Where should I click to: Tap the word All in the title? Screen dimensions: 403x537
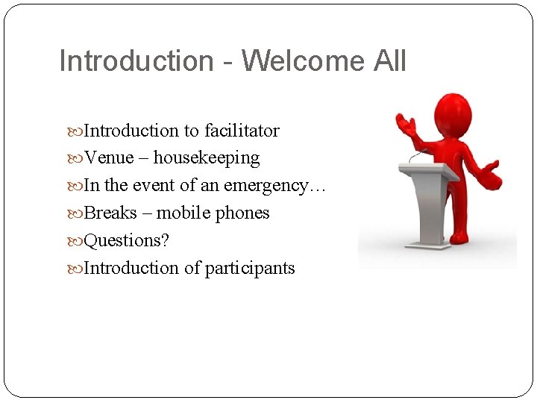[389, 60]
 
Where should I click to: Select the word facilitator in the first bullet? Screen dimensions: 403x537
[244, 131]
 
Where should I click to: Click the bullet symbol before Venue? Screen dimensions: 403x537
[78, 159]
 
